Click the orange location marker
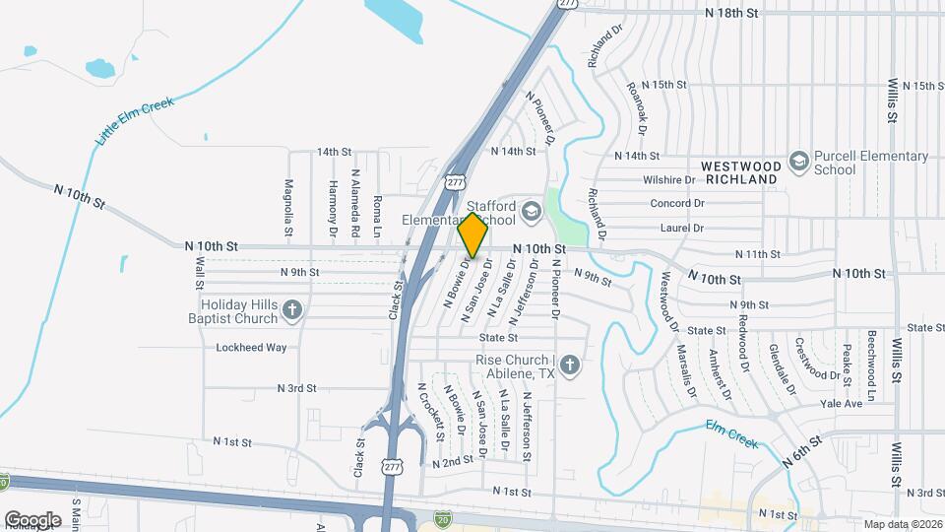click(472, 235)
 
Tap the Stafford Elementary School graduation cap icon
click(532, 211)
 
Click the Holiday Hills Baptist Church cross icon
click(291, 311)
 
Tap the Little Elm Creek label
click(135, 122)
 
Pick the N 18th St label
click(733, 13)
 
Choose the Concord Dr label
click(677, 203)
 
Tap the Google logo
click(32, 519)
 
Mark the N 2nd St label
click(453, 462)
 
